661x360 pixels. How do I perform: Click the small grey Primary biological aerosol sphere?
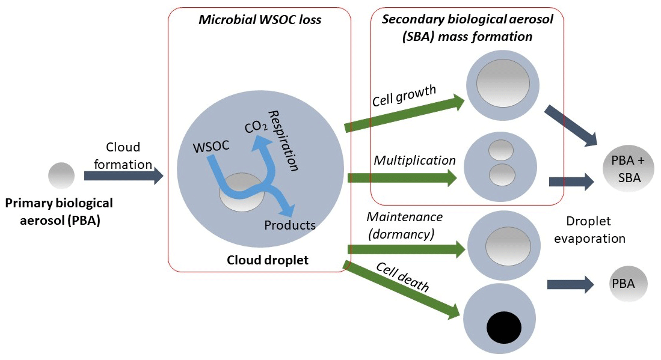click(61, 175)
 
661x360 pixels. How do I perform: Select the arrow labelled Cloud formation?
click(123, 176)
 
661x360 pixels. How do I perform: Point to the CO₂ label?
click(254, 127)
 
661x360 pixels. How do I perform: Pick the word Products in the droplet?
click(289, 225)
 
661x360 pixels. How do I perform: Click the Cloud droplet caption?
click(259, 260)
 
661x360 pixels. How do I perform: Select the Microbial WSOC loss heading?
click(260, 20)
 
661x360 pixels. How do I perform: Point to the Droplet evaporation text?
click(589, 230)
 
